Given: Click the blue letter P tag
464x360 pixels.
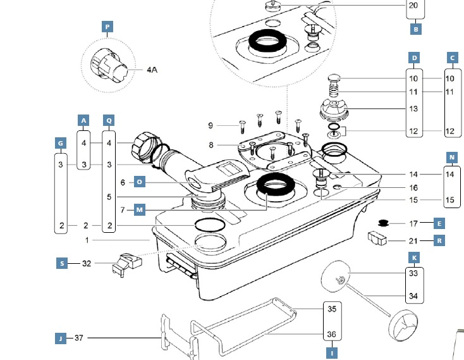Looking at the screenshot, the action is pyautogui.click(x=107, y=27).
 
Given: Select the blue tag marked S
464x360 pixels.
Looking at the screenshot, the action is pyautogui.click(x=62, y=263).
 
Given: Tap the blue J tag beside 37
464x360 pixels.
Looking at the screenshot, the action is pyautogui.click(x=61, y=338).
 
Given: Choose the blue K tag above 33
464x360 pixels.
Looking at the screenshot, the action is pyautogui.click(x=414, y=258).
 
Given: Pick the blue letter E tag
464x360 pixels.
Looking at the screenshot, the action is pyautogui.click(x=439, y=223).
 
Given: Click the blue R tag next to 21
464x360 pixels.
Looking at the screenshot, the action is pyautogui.click(x=439, y=240).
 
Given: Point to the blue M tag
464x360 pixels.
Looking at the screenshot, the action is pyautogui.click(x=139, y=210).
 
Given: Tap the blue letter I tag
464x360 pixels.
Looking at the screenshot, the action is pyautogui.click(x=332, y=353).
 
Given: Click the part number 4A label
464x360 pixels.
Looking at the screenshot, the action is pyautogui.click(x=152, y=70).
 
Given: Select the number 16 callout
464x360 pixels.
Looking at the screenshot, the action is pyautogui.click(x=413, y=188).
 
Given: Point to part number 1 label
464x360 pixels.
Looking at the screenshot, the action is pyautogui.click(x=87, y=240).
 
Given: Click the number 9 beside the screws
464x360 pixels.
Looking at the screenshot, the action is pyautogui.click(x=211, y=125).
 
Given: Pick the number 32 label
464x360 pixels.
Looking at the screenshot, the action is pyautogui.click(x=87, y=263).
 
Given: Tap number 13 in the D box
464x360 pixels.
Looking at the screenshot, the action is pyautogui.click(x=413, y=109).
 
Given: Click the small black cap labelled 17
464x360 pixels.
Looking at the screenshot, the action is pyautogui.click(x=384, y=223).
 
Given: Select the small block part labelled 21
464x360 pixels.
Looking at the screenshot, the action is pyautogui.click(x=377, y=239).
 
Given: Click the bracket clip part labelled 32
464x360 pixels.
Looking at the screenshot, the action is pyautogui.click(x=127, y=264).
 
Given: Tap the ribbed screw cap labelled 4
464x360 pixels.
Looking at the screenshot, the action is pyautogui.click(x=145, y=148).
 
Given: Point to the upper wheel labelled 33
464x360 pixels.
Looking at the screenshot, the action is pyautogui.click(x=336, y=276).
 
